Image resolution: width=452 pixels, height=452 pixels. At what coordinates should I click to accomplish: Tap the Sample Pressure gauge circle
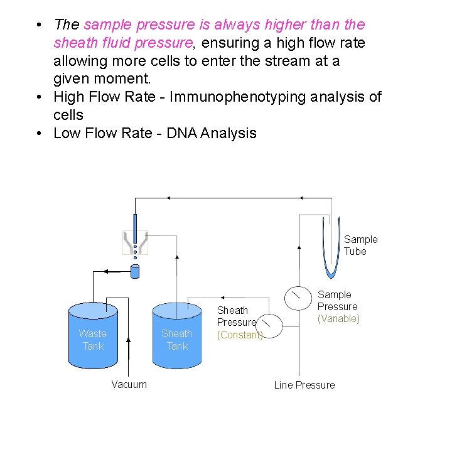[x=298, y=297]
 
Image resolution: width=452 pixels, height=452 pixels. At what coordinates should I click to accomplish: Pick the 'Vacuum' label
[x=129, y=384]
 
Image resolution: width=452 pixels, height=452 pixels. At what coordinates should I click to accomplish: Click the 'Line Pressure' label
[x=304, y=385]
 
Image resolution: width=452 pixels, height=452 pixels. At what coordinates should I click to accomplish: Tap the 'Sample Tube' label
[x=360, y=245]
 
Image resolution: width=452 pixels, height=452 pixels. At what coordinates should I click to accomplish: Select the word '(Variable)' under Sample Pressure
[x=338, y=318]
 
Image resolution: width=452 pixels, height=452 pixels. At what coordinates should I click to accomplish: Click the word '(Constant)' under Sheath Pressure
[x=239, y=335]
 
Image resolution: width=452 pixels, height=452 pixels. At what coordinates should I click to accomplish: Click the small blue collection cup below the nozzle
[x=134, y=272]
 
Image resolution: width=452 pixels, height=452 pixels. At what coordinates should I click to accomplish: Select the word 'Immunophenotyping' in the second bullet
[x=232, y=97]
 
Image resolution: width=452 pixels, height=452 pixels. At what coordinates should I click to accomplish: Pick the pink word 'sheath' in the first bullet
[x=73, y=43]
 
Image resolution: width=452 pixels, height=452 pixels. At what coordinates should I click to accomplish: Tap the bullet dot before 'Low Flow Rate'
[x=40, y=133]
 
